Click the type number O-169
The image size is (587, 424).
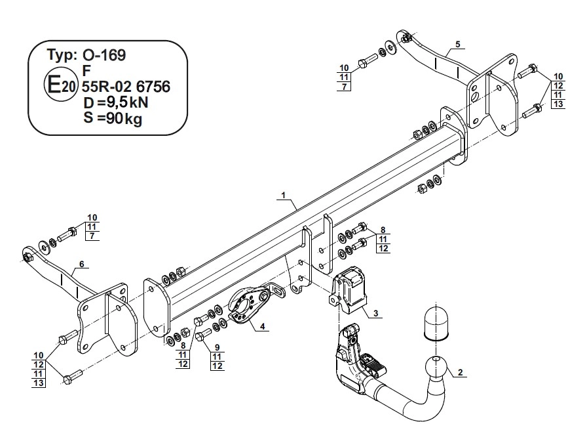click(x=104, y=55)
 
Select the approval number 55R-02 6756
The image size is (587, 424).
click(x=126, y=87)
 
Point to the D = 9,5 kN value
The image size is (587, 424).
click(x=116, y=102)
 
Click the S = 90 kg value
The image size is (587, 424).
click(x=113, y=119)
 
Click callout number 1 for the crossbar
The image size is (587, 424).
click(x=284, y=195)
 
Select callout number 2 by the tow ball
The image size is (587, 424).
click(x=460, y=372)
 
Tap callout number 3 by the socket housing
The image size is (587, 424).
click(x=375, y=313)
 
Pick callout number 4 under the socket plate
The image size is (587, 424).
click(x=263, y=326)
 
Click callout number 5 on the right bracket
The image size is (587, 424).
click(x=458, y=44)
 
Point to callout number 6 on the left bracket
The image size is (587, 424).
click(x=82, y=264)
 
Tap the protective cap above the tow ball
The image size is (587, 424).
click(x=436, y=324)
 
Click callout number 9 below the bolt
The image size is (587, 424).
click(x=217, y=347)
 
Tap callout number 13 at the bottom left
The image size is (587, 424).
click(x=39, y=383)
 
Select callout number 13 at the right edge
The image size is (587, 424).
click(x=558, y=104)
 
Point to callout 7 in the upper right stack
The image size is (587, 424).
click(x=345, y=87)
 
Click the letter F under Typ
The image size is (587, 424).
click(x=86, y=71)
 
